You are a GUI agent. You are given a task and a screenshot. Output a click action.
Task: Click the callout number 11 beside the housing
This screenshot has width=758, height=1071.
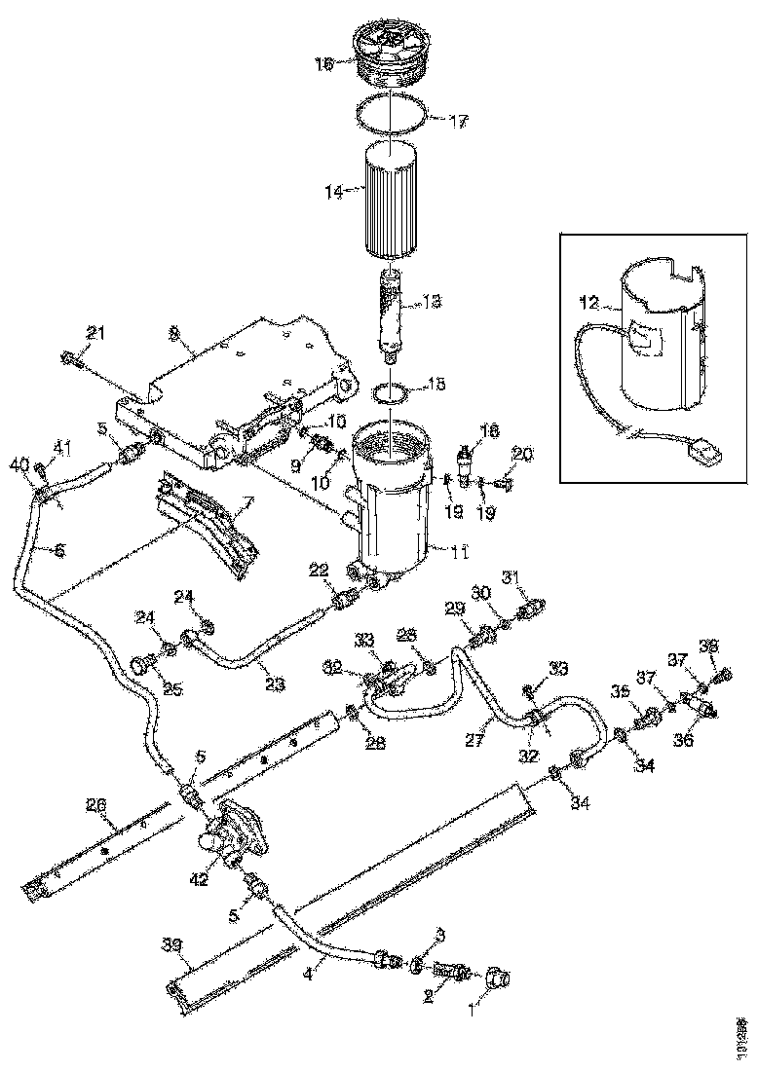459,552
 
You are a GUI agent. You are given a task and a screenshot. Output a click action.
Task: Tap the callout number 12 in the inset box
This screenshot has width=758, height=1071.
587,302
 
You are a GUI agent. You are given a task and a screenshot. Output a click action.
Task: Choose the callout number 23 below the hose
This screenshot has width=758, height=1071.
274,684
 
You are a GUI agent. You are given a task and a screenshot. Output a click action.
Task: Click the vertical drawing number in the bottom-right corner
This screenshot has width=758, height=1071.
743,1037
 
